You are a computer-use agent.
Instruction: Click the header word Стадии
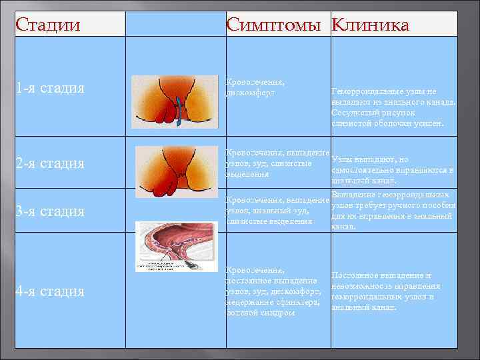tap(47, 25)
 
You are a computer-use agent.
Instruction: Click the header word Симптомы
tap(276, 25)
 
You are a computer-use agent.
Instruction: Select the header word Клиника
tap(370, 25)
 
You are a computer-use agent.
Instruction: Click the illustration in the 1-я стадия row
tap(175, 102)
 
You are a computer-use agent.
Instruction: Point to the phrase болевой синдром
tap(260, 312)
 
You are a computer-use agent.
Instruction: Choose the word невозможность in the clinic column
tap(363, 286)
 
